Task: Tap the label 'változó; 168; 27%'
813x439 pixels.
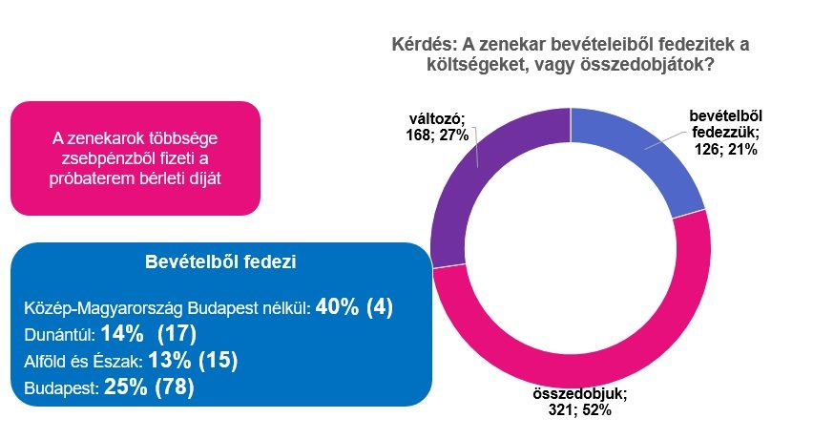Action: tap(434, 127)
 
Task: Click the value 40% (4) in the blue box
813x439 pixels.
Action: tap(355, 308)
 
